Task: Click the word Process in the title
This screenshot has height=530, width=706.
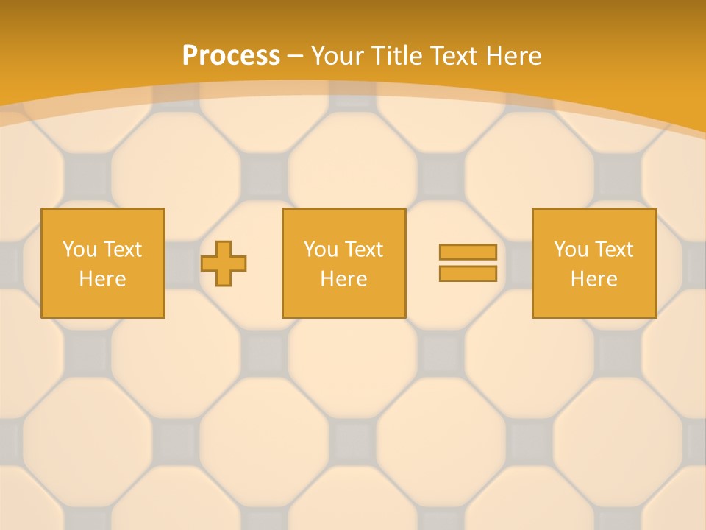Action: point(231,55)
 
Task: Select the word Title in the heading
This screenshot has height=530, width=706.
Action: point(398,55)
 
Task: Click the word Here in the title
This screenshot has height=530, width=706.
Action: point(516,55)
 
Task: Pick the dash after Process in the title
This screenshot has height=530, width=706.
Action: point(295,56)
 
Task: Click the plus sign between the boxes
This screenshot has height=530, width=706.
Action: point(224,264)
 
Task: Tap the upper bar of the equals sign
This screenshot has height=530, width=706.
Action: point(468,252)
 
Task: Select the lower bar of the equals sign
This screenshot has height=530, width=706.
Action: point(468,273)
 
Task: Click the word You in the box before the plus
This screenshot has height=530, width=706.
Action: point(79,250)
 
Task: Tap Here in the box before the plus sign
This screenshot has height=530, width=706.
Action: point(102,279)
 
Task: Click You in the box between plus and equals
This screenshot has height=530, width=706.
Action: point(321,250)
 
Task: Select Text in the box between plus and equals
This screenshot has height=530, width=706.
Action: point(363,250)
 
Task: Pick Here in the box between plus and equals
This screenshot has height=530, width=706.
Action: point(343,279)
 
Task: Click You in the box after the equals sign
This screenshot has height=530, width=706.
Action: point(571,250)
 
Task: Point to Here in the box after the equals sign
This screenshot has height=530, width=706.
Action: point(593,279)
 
